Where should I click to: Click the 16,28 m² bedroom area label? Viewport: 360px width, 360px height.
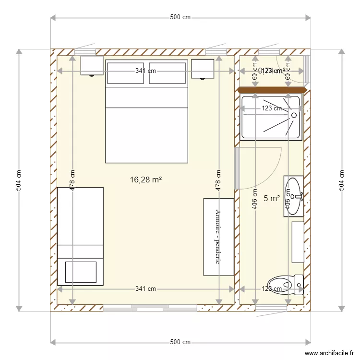(x=145, y=180)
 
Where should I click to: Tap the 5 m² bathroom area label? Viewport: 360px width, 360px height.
(x=272, y=198)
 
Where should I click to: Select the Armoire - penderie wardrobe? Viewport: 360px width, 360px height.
(x=219, y=237)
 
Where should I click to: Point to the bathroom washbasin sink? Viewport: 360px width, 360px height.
(x=293, y=196)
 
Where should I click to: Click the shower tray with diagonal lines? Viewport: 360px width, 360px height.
(x=272, y=118)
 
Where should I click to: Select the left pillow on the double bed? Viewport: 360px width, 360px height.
(x=125, y=73)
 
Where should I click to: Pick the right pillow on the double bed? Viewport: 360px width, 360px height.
(x=168, y=73)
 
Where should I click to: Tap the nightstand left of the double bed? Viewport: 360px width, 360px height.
(x=92, y=65)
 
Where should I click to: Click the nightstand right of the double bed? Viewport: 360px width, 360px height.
(x=202, y=68)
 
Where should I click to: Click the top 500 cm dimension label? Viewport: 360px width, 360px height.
(x=180, y=18)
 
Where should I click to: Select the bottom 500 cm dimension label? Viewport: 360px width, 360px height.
(x=180, y=342)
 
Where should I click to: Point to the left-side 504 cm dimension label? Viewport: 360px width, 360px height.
(x=19, y=180)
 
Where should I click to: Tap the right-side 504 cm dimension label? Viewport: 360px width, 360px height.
(x=341, y=180)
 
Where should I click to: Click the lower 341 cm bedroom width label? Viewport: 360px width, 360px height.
(x=145, y=289)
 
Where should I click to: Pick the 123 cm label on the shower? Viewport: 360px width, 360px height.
(x=272, y=108)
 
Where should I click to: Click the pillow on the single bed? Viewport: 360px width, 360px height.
(x=80, y=272)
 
